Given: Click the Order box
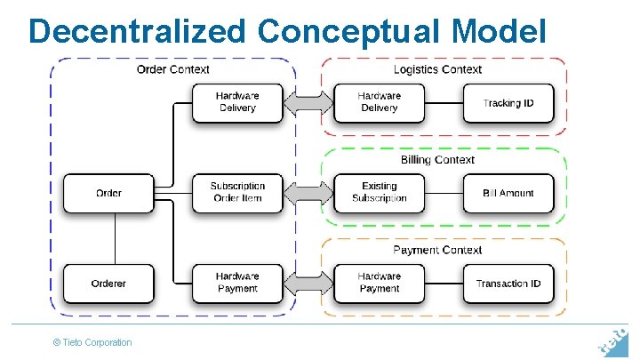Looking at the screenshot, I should click(108, 193).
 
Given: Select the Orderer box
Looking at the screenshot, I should click(108, 284).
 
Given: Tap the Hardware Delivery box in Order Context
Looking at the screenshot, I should click(237, 102).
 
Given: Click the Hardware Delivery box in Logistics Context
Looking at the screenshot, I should click(379, 102).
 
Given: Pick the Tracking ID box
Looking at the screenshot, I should click(508, 103).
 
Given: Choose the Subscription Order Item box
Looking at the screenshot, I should click(237, 193).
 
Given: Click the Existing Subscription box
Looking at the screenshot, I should click(379, 193).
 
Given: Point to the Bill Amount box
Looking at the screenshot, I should click(508, 193).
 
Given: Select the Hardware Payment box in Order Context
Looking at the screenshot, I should click(237, 283).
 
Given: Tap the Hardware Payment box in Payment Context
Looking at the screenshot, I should click(379, 283).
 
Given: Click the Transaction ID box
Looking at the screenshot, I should click(508, 284).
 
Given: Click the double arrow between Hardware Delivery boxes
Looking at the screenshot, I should click(308, 103).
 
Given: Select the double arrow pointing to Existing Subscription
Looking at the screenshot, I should click(308, 193).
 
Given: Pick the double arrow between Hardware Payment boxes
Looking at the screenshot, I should click(308, 283).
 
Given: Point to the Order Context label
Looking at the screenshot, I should click(173, 69).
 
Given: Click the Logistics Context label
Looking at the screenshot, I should click(437, 69).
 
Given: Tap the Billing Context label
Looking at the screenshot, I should click(437, 160).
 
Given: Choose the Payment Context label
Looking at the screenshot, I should click(437, 251).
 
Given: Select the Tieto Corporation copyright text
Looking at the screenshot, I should click(92, 342).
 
